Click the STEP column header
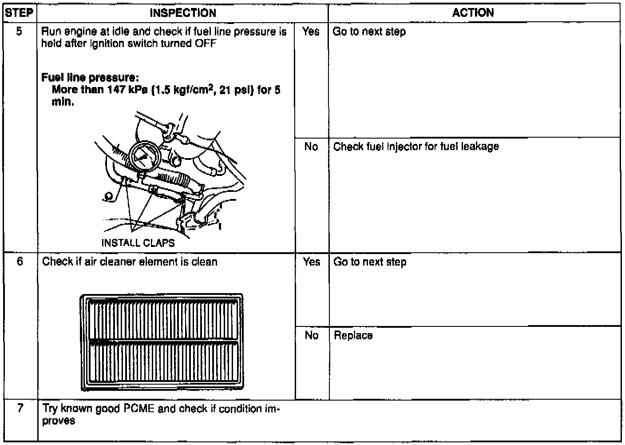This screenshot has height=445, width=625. pyautogui.click(x=19, y=13)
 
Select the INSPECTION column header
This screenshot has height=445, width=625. pyautogui.click(x=182, y=13)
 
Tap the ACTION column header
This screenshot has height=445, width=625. pyautogui.click(x=473, y=13)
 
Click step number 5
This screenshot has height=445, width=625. pyautogui.click(x=19, y=32)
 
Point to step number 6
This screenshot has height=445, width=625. pyautogui.click(x=20, y=262)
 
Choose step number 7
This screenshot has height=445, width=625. pyautogui.click(x=20, y=409)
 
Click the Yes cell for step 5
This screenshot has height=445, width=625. pyautogui.click(x=311, y=32)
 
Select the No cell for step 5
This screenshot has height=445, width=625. pyautogui.click(x=311, y=147)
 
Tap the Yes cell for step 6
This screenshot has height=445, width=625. pyautogui.click(x=312, y=262)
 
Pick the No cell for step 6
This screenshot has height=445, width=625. pyautogui.click(x=312, y=335)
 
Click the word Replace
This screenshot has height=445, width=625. pyautogui.click(x=353, y=336)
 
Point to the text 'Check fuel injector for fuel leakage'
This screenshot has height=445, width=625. pyautogui.click(x=416, y=147)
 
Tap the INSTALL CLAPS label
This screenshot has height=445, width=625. pyautogui.click(x=138, y=243)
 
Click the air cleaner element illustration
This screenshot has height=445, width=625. pyautogui.click(x=162, y=342)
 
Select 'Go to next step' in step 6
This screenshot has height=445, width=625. pyautogui.click(x=370, y=262)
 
